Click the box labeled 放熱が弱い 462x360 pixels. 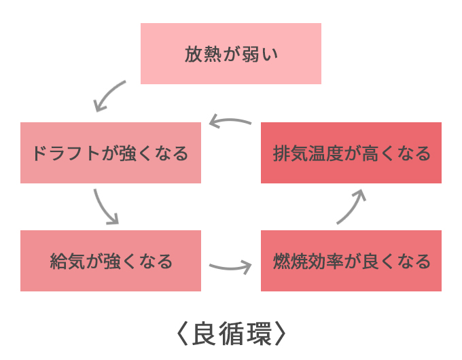(x=230, y=54)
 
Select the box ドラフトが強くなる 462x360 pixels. (x=110, y=153)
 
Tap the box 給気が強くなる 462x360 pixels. (x=110, y=261)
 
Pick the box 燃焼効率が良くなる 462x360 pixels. (x=351, y=261)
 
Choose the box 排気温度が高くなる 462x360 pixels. (x=351, y=153)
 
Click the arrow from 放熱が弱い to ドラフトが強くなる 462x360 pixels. (x=109, y=96)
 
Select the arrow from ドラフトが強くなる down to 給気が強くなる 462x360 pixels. (x=105, y=206)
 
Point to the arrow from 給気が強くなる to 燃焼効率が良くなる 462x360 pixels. (x=230, y=266)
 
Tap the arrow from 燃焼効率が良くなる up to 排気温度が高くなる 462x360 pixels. (x=352, y=206)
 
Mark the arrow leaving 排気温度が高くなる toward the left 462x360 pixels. (x=230, y=122)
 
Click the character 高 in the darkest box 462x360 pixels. (x=369, y=154)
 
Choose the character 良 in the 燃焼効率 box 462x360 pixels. (x=369, y=262)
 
